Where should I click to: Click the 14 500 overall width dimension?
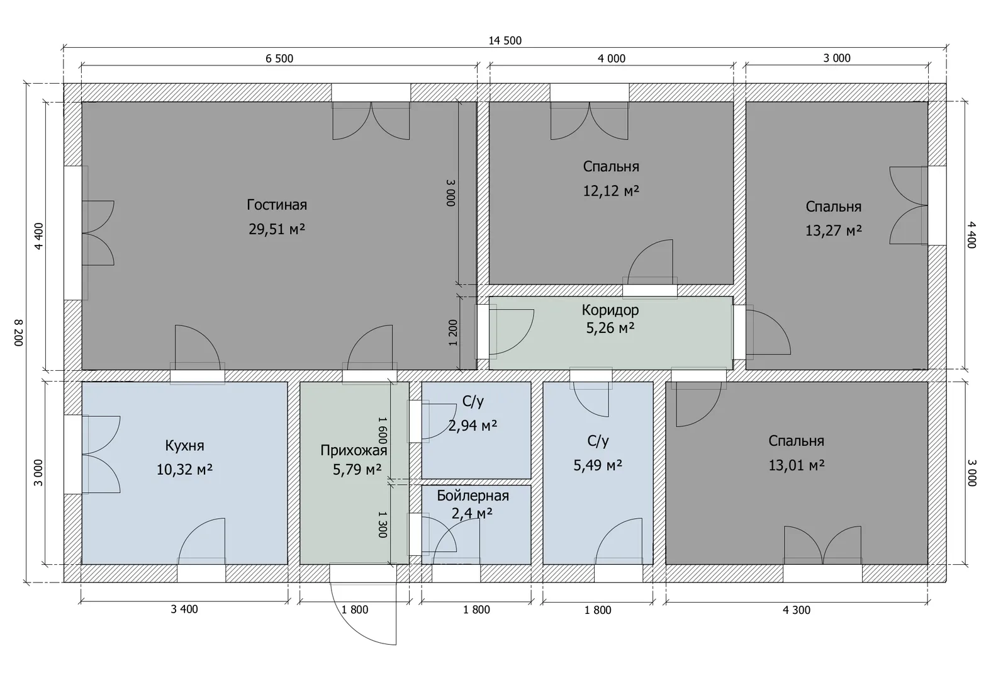[505, 41]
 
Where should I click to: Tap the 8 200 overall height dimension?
[19, 332]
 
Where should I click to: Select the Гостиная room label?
[277, 205]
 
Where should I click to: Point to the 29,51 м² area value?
[277, 229]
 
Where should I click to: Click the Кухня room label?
[184, 445]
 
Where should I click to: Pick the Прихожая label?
[354, 450]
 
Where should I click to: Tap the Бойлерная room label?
[473, 496]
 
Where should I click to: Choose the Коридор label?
[610, 310]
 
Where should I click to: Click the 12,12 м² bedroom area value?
[611, 191]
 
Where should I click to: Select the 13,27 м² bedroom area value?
[834, 230]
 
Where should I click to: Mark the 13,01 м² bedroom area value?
[797, 465]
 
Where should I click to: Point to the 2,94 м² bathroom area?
[473, 426]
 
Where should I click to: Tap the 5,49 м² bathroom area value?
[598, 465]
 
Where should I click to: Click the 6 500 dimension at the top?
[279, 59]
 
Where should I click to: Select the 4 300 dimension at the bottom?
[797, 610]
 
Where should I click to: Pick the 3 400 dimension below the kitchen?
[184, 609]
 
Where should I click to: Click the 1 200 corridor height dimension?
[452, 332]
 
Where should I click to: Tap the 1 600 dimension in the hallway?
[383, 430]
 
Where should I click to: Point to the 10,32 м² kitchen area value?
[184, 469]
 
